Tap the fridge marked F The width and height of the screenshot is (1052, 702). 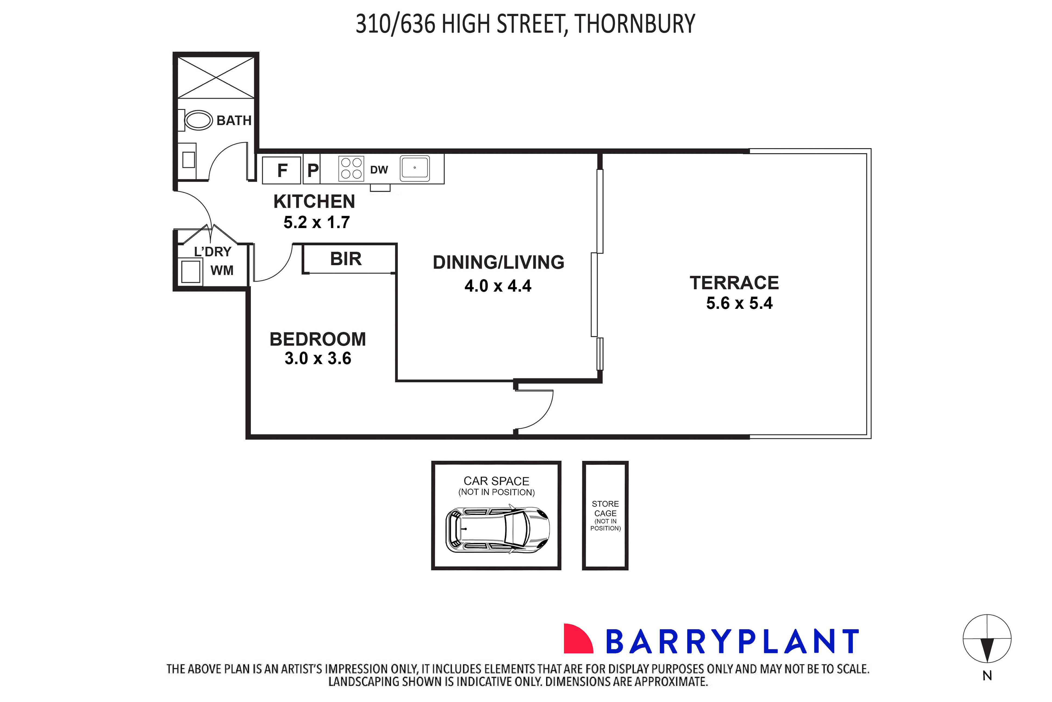click(282, 170)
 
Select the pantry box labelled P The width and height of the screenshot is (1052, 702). click(312, 170)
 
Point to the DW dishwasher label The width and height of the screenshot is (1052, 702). click(379, 170)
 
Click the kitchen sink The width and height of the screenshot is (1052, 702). click(414, 168)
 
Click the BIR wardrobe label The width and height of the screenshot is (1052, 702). click(345, 259)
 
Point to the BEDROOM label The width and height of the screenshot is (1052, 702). click(318, 339)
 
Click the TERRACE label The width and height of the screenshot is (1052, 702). click(734, 283)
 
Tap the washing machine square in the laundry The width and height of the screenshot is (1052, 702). click(191, 271)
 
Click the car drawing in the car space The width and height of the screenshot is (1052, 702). click(497, 530)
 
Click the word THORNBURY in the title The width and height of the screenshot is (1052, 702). click(635, 24)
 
